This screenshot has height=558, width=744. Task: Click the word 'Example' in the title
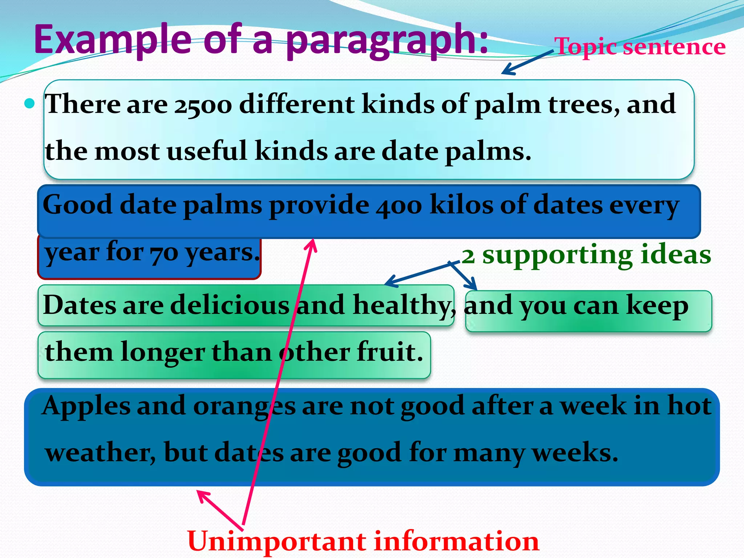click(x=113, y=39)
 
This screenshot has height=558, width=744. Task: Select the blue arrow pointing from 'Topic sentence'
click(x=527, y=62)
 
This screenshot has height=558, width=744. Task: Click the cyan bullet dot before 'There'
click(x=29, y=104)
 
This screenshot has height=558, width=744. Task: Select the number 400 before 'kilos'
click(x=399, y=206)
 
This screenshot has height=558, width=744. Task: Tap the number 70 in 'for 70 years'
click(x=163, y=252)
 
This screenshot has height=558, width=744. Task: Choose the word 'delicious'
click(x=230, y=305)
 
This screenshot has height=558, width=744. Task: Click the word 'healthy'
click(x=401, y=305)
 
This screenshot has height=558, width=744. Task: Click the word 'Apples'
click(x=86, y=406)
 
